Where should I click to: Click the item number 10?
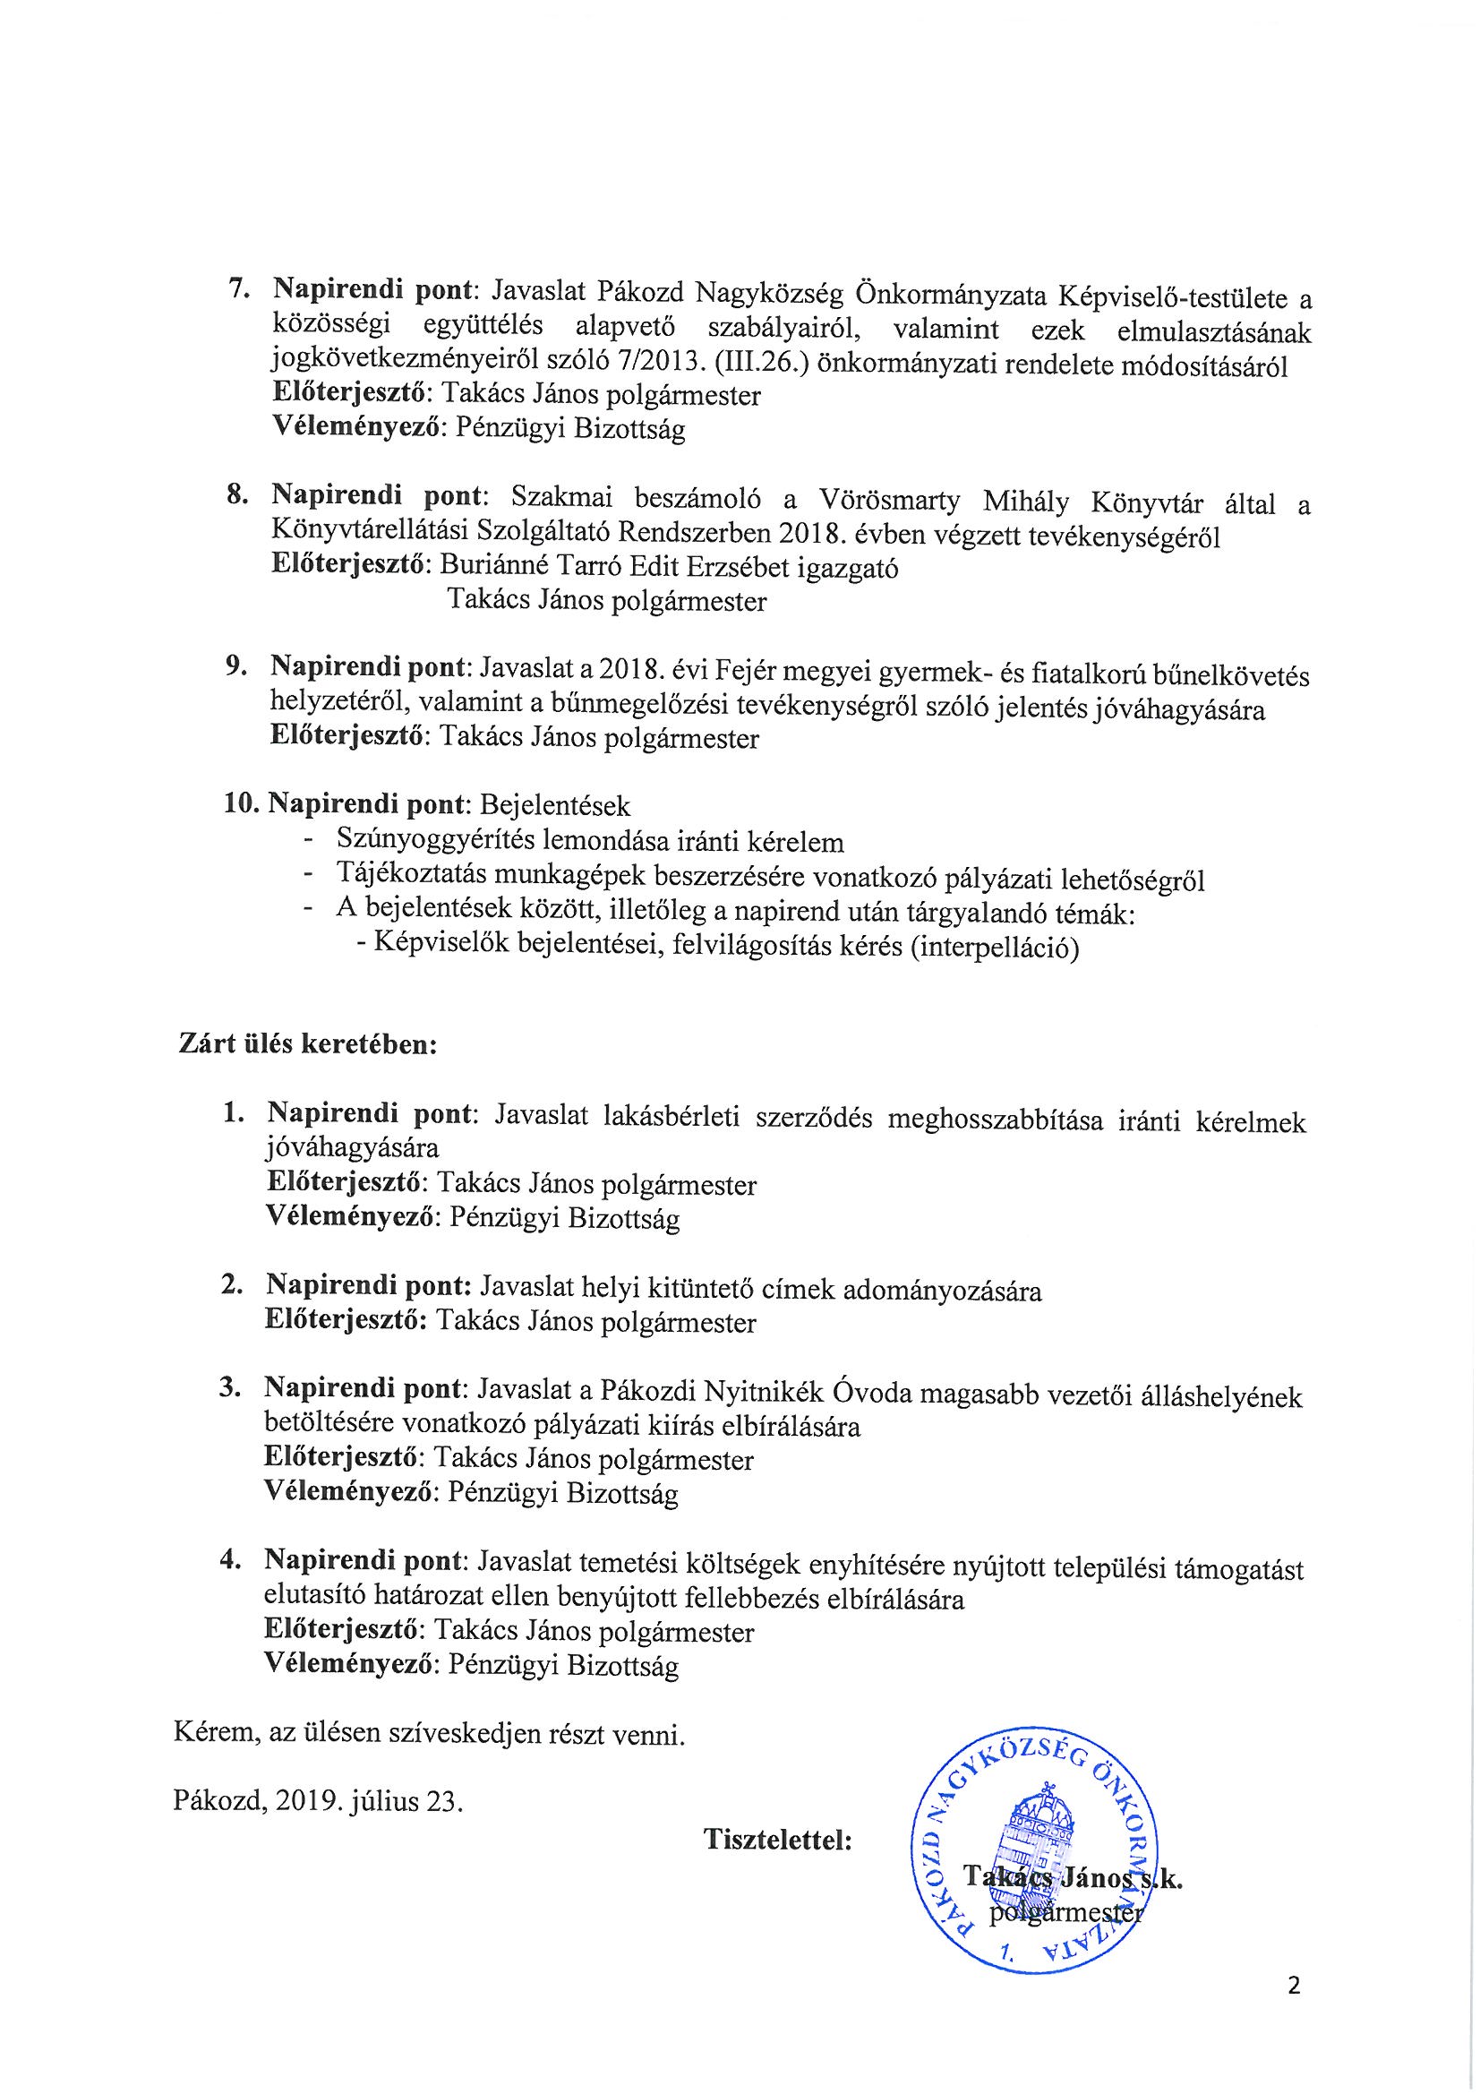242,804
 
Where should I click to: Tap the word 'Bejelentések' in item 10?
554,805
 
